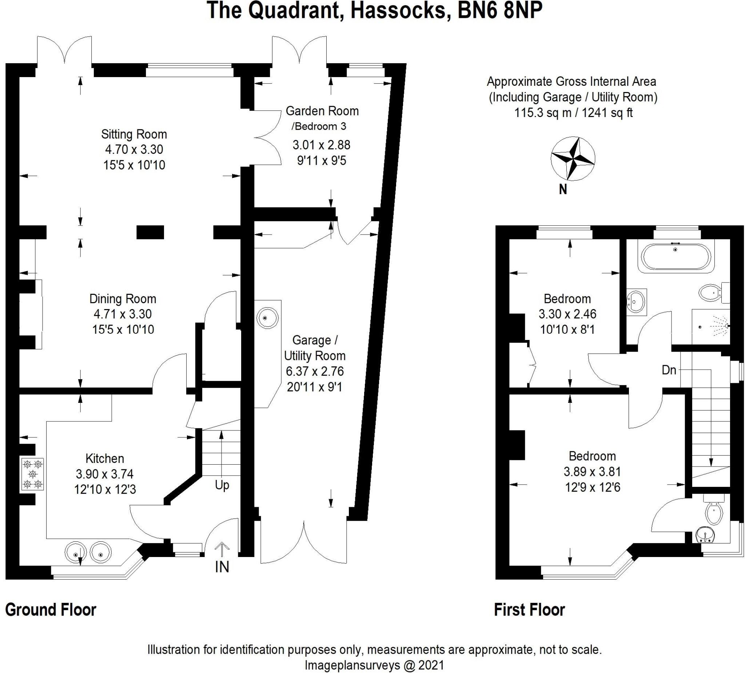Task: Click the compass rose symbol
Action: click(573, 159)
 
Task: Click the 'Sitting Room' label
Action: click(134, 134)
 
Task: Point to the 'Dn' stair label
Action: click(669, 370)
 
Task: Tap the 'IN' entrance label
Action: click(222, 567)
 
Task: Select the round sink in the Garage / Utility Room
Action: click(267, 318)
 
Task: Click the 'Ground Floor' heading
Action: click(51, 610)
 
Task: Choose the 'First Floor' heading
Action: click(530, 610)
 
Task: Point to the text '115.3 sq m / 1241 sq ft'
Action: click(574, 113)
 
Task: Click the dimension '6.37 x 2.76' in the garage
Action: click(315, 371)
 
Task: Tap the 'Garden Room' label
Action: click(322, 111)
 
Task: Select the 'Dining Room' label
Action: click(123, 299)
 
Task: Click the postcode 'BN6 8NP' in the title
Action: click(500, 10)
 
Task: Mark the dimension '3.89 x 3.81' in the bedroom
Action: click(592, 472)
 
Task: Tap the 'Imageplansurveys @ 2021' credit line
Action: click(374, 665)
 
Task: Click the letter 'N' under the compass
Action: click(563, 189)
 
